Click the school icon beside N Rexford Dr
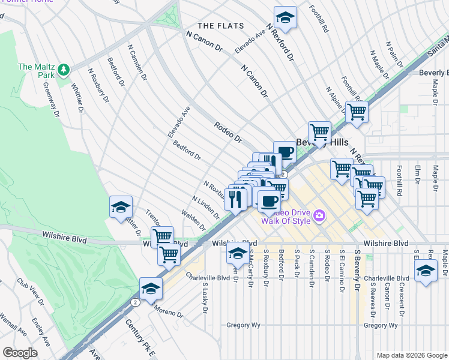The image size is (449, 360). pos(286,18)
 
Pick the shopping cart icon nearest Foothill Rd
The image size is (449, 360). pos(357,112)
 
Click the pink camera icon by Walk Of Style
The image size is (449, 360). pos(319,215)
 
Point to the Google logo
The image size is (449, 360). pos(20,353)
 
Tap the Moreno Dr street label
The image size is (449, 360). pos(168,310)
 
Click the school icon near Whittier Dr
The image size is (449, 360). pos(121,208)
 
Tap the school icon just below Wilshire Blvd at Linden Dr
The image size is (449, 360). pos(238,253)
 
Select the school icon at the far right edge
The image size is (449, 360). pos(426,269)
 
